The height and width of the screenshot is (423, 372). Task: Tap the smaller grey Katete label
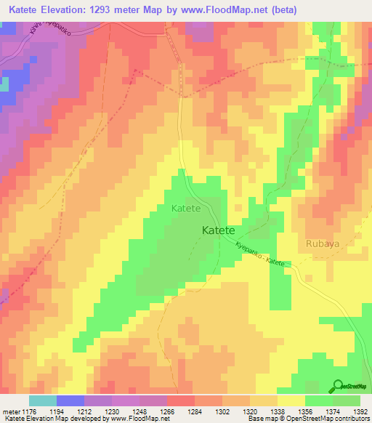click(x=185, y=209)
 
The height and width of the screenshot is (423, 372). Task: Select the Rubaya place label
click(x=323, y=243)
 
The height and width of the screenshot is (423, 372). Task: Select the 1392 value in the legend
click(x=360, y=411)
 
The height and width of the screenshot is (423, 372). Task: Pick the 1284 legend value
click(x=195, y=411)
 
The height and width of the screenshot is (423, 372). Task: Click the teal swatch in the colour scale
click(x=43, y=400)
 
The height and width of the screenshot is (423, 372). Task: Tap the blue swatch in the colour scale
click(x=70, y=400)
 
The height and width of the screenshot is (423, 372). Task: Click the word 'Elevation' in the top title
click(x=72, y=9)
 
